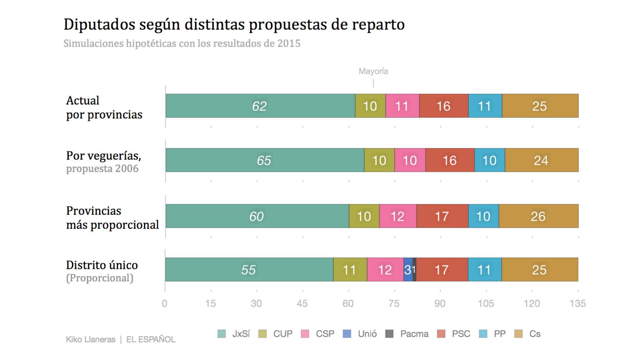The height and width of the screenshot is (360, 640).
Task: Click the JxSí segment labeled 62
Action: pyautogui.click(x=260, y=106)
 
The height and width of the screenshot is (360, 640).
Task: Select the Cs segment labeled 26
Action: pyautogui.click(x=538, y=216)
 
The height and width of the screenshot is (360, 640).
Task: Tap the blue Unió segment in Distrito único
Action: pyautogui.click(x=408, y=270)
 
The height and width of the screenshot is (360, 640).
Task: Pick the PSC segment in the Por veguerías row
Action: pyautogui.click(x=449, y=160)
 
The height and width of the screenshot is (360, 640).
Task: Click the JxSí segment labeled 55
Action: pyautogui.click(x=249, y=270)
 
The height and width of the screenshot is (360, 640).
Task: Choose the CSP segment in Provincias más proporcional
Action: pyautogui.click(x=397, y=216)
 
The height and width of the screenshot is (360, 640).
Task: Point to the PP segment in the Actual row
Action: pyautogui.click(x=485, y=106)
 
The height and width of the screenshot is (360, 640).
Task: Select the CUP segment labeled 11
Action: pyautogui.click(x=350, y=270)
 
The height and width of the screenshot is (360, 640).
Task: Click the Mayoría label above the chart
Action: pyautogui.click(x=373, y=71)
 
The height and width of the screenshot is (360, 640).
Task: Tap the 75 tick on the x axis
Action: pyautogui.click(x=394, y=303)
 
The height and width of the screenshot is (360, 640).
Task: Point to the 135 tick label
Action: pyautogui.click(x=577, y=303)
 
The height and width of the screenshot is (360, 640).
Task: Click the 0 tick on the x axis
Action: pyautogui.click(x=164, y=303)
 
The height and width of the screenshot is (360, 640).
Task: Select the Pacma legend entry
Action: pyautogui.click(x=407, y=334)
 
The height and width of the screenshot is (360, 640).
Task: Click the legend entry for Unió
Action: pyautogui.click(x=361, y=334)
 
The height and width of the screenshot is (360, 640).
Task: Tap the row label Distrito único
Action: pyautogui.click(x=102, y=265)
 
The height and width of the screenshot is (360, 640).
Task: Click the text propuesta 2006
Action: pyautogui.click(x=102, y=169)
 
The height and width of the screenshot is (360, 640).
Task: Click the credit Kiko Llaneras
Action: pyautogui.click(x=90, y=339)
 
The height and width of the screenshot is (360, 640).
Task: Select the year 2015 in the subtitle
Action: pyautogui.click(x=288, y=43)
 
